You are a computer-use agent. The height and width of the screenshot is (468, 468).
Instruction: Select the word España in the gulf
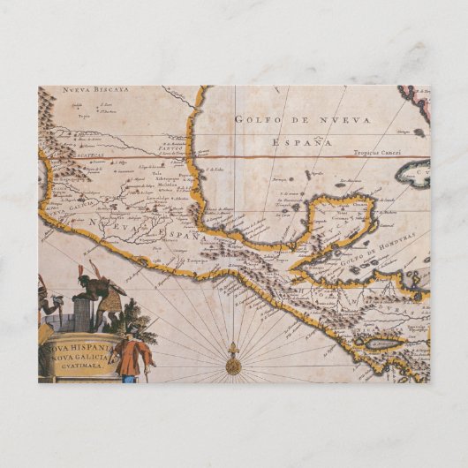tap(303, 141)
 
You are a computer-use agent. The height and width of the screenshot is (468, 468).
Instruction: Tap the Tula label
tap(158, 173)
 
